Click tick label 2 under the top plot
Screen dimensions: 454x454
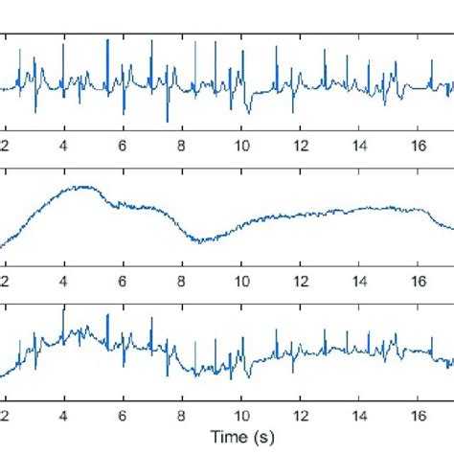pos(5,145)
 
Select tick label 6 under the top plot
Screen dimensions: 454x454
pos(123,145)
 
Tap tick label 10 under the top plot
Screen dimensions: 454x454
pos(241,145)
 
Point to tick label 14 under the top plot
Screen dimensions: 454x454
pos(359,145)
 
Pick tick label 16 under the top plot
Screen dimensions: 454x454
pos(419,145)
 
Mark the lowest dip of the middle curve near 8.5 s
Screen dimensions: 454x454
pos(197,241)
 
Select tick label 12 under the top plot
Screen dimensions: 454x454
pos(301,145)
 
